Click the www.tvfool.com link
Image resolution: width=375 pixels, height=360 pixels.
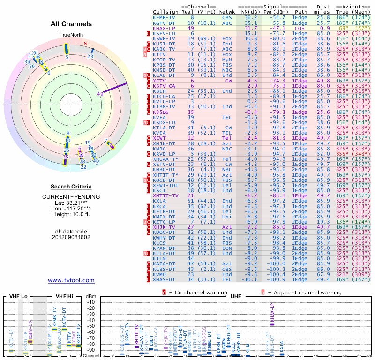point(71,280)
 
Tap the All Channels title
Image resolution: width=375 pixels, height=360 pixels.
point(71,24)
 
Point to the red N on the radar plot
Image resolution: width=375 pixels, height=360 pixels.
point(85,44)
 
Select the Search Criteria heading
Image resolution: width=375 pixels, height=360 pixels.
point(71,186)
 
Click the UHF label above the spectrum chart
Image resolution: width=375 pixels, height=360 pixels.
point(237,296)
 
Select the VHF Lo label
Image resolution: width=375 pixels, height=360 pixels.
point(18,296)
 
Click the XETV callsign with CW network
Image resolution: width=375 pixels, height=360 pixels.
point(159,80)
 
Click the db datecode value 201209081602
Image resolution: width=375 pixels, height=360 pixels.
point(71,237)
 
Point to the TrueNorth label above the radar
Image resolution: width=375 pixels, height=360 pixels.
point(71,35)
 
